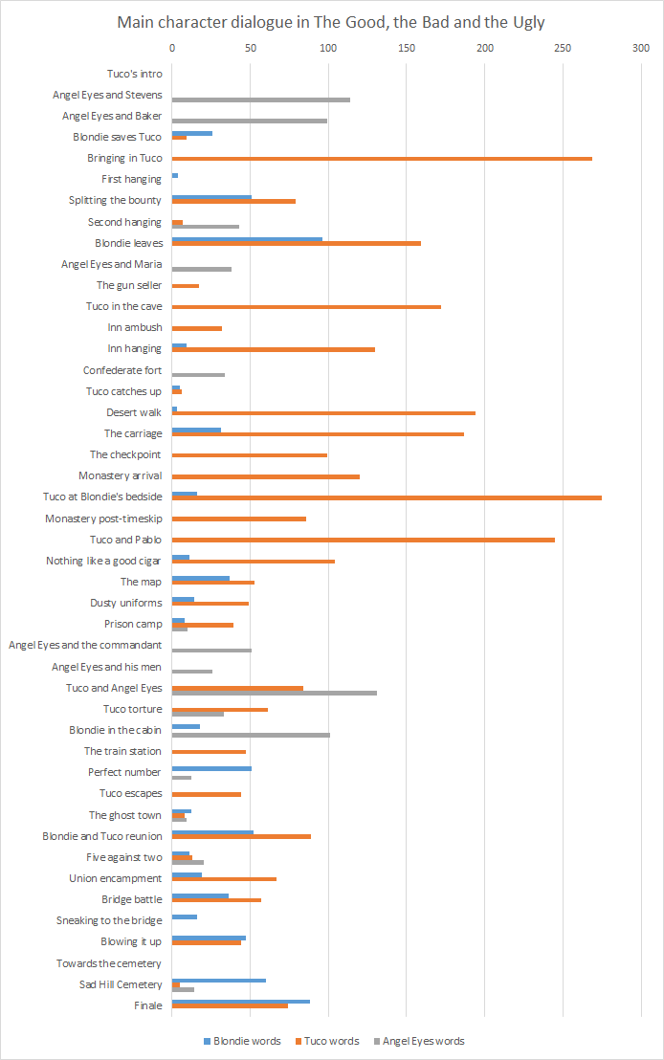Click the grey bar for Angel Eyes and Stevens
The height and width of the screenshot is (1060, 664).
260,99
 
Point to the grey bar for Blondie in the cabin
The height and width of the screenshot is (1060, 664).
251,735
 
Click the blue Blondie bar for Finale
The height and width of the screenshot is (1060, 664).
240,1001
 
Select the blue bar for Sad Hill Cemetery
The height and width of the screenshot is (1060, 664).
218,980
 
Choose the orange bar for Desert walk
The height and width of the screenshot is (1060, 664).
323,413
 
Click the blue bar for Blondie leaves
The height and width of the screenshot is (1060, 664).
247,239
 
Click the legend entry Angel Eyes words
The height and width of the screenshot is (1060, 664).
423,1041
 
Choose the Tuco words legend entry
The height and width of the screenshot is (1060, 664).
332,1041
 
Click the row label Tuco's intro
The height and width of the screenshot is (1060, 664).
135,74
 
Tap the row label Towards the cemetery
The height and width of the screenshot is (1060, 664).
109,963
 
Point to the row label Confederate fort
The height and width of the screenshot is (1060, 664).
122,370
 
